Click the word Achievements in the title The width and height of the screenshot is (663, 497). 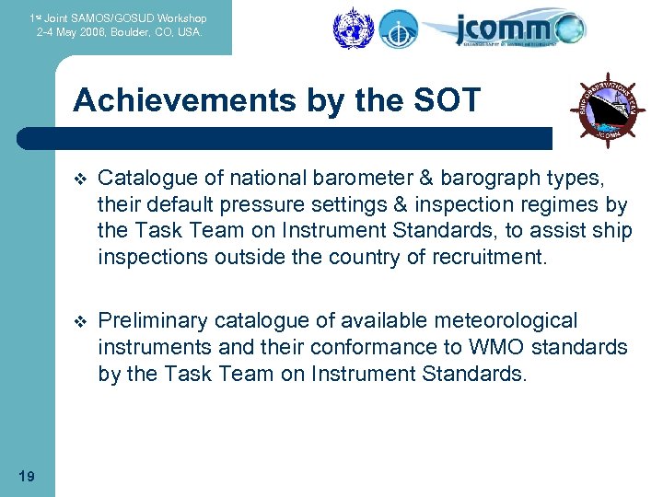[x=174, y=100]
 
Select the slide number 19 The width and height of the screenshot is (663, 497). [x=27, y=476]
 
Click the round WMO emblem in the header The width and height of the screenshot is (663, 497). [x=350, y=27]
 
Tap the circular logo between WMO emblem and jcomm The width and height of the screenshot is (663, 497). [x=399, y=28]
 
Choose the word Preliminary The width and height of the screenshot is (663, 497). [x=152, y=320]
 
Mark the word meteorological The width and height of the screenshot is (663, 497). [x=501, y=320]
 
